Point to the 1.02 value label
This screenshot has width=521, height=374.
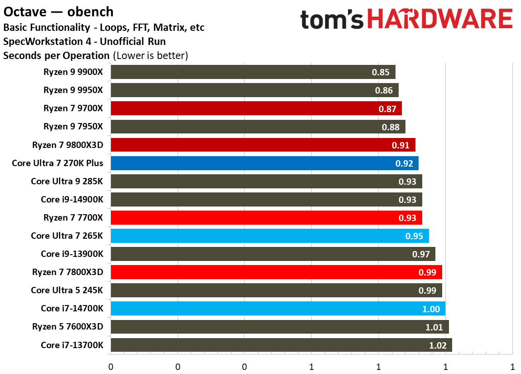click(x=438, y=345)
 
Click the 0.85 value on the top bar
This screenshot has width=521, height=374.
click(x=381, y=72)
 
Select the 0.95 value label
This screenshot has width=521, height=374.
click(x=414, y=236)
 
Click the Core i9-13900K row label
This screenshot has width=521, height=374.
click(x=72, y=254)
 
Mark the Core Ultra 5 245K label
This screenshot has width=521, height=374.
click(x=67, y=290)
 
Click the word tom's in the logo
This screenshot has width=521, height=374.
click(x=331, y=20)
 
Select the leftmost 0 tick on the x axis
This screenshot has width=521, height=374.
click(x=111, y=366)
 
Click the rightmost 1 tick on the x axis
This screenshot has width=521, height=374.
click(x=512, y=366)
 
